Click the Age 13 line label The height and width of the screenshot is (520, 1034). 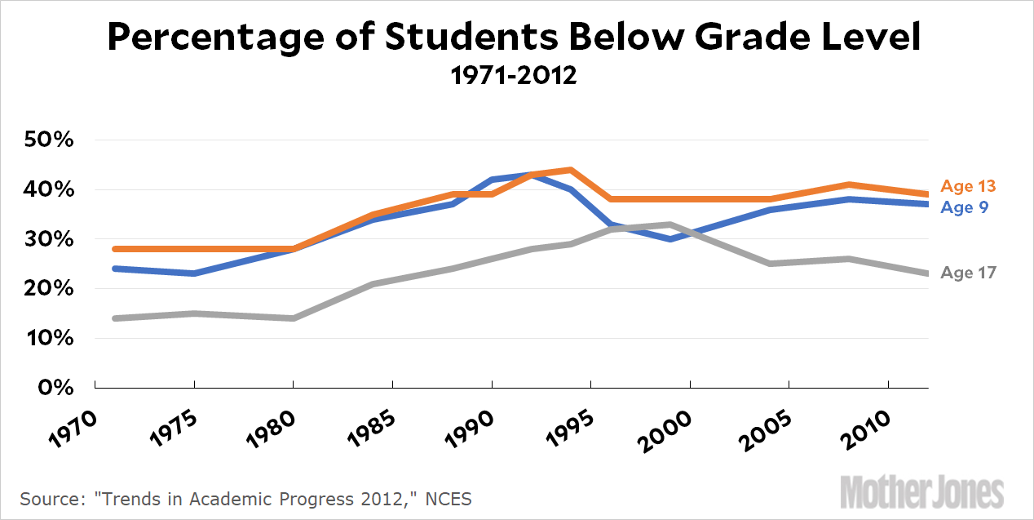[x=968, y=186]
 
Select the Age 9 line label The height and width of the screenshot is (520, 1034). [x=964, y=207]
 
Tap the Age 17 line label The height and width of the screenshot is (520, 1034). [x=968, y=273]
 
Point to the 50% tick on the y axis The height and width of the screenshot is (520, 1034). [x=50, y=140]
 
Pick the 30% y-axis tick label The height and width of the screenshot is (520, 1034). [x=50, y=239]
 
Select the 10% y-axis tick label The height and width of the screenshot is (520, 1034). [x=50, y=338]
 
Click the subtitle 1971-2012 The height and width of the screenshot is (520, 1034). [x=514, y=76]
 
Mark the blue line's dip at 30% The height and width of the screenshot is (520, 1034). [x=669, y=239]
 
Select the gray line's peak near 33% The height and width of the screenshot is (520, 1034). [x=669, y=224]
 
